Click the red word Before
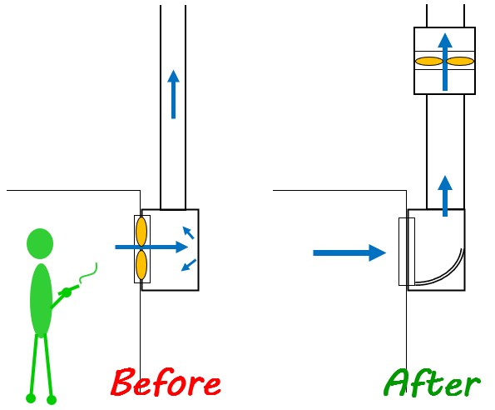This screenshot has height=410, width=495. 166,382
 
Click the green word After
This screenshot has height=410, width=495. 432,382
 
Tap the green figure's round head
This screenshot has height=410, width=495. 40,243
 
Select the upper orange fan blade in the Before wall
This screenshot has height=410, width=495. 141,232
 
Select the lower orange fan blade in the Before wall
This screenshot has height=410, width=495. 141,265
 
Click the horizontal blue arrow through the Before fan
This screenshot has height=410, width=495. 151,247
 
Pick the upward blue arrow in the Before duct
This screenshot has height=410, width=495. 173,94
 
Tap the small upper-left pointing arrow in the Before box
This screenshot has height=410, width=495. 189,232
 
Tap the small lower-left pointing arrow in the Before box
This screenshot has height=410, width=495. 189,265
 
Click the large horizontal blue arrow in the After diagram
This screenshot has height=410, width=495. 349,252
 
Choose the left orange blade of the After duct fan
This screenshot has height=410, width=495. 429,61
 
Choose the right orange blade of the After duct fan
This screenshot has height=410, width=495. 460,61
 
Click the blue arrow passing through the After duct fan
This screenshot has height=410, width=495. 445,62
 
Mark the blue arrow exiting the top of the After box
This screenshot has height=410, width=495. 445,196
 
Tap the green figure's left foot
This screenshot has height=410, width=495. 31,398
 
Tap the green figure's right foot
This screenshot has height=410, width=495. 52,399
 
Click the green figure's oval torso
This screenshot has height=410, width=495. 41,300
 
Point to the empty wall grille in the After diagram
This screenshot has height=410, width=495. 407,252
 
